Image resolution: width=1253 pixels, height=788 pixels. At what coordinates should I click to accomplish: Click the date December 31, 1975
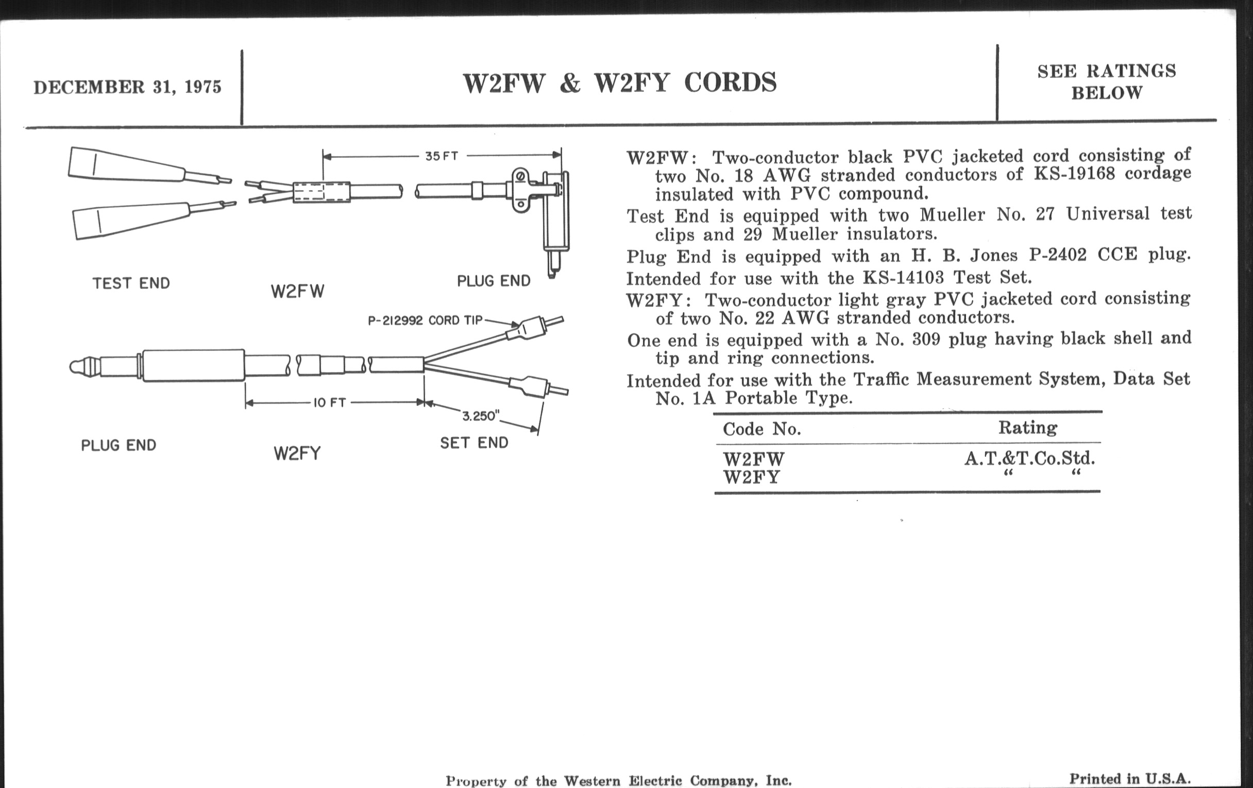point(127,87)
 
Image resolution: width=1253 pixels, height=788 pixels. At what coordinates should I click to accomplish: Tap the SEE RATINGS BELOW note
point(1106,82)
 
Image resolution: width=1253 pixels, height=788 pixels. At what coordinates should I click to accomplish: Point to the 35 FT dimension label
point(441,156)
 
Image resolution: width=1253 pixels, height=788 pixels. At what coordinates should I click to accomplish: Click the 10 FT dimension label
point(329,403)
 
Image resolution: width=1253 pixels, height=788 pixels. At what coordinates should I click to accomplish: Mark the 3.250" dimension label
point(480,416)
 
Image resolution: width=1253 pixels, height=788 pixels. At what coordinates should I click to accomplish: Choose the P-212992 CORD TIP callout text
point(425,320)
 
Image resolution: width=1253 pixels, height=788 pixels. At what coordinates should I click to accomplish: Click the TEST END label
point(131,283)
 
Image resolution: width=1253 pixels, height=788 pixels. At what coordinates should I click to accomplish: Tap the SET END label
point(474,442)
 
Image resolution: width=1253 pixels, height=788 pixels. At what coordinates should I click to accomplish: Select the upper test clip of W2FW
point(127,164)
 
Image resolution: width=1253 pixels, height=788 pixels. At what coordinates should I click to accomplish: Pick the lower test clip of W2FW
point(130,221)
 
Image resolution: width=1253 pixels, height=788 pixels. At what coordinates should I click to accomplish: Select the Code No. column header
point(762,429)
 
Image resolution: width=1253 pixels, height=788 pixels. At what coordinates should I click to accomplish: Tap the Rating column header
point(1028,427)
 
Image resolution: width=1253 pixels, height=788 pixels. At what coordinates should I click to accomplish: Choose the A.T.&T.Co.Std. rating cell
point(1029,458)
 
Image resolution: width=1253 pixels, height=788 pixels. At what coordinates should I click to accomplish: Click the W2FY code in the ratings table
point(751,477)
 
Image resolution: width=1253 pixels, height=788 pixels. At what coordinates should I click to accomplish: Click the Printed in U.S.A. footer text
point(1130,779)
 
